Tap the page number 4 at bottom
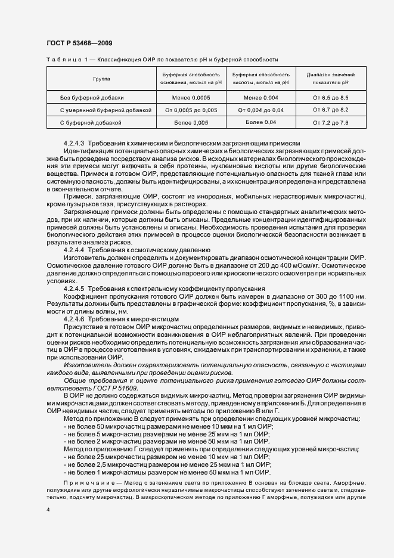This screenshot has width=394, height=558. (48, 510)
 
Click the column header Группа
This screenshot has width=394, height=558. (101, 79)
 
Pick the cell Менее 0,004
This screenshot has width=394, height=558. (261, 97)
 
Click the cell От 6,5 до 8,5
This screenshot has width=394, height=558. (331, 97)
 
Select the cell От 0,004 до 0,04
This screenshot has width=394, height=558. (261, 110)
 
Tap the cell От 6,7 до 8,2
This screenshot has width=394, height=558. (331, 110)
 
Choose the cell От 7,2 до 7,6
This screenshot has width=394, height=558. (331, 122)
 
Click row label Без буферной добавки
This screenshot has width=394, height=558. (92, 97)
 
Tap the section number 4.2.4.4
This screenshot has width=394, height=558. (75, 250)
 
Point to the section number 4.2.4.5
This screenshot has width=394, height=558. (75, 289)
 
